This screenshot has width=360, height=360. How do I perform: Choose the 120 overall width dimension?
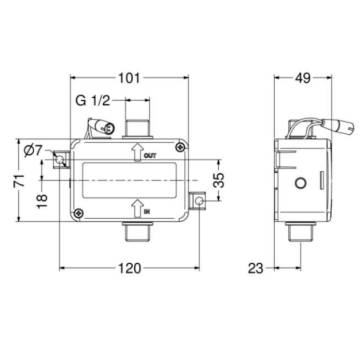pyautogui.click(x=133, y=269)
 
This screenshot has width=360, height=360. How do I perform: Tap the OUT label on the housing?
pyautogui.click(x=150, y=157)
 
